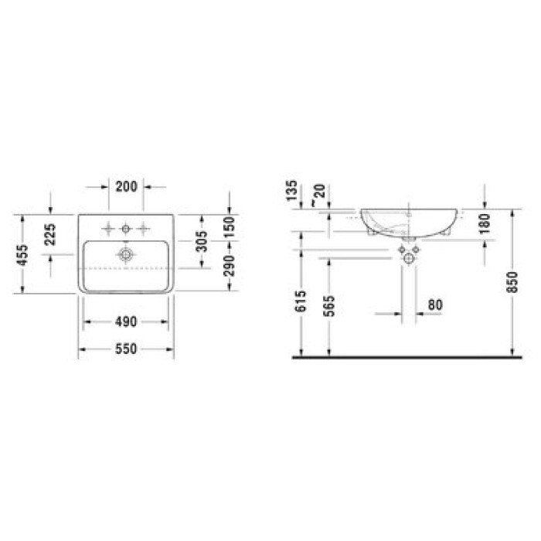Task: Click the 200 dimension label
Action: pyautogui.click(x=126, y=187)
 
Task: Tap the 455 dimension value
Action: pyautogui.click(x=22, y=254)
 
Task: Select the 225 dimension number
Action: pyautogui.click(x=50, y=234)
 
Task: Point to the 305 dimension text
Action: pyautogui.click(x=202, y=241)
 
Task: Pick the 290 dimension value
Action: pyautogui.click(x=230, y=266)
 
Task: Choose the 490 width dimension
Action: pyautogui.click(x=126, y=322)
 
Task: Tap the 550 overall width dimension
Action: pyautogui.click(x=126, y=349)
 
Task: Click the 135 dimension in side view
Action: pyautogui.click(x=291, y=190)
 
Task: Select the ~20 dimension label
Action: pyautogui.click(x=318, y=195)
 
